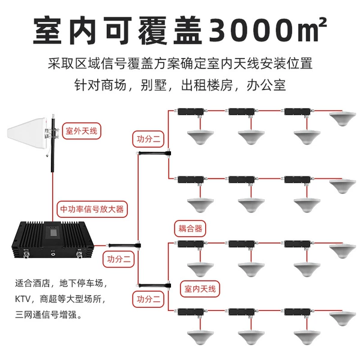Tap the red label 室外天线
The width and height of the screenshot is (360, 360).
82,131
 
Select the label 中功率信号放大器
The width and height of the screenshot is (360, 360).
92,209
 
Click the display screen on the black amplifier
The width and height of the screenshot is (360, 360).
52,232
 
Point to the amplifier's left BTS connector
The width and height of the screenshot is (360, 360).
26,254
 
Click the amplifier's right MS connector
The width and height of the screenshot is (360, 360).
80,254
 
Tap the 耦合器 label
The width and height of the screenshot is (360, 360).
190,229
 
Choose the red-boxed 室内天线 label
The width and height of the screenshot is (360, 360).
200,289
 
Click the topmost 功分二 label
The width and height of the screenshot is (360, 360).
148,139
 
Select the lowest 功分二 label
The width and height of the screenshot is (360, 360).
148,299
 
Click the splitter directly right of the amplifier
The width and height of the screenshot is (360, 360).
124,245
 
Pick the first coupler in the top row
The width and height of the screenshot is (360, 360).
191,112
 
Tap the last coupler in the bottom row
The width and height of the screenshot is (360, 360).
298,312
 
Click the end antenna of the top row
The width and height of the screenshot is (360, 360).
343,118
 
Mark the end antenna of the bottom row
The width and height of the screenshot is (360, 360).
343,319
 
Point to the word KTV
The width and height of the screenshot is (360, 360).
23,299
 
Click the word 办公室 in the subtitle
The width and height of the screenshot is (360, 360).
266,85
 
